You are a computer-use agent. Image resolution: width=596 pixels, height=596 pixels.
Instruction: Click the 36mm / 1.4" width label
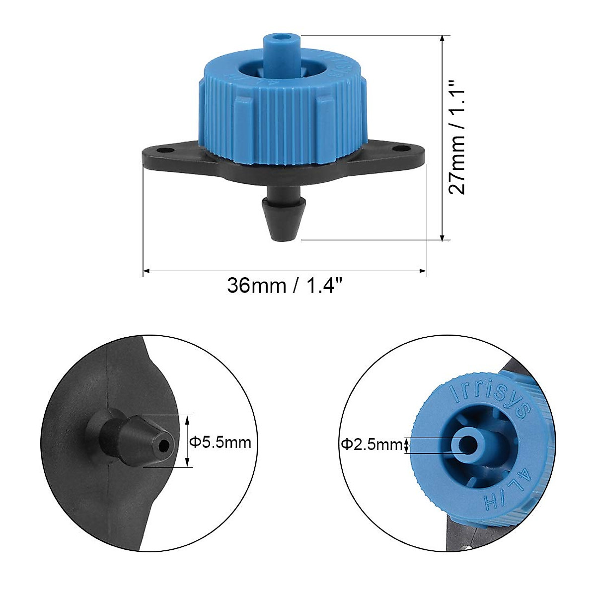[x=285, y=286]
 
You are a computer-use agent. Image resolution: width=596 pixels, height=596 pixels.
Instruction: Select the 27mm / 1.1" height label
[x=457, y=138]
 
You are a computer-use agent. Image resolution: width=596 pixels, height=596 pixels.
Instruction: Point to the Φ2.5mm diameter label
[x=371, y=445]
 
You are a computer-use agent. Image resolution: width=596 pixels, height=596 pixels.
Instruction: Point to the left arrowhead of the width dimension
[x=146, y=271]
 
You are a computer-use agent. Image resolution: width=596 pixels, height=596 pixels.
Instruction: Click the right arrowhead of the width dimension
[x=424, y=271]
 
